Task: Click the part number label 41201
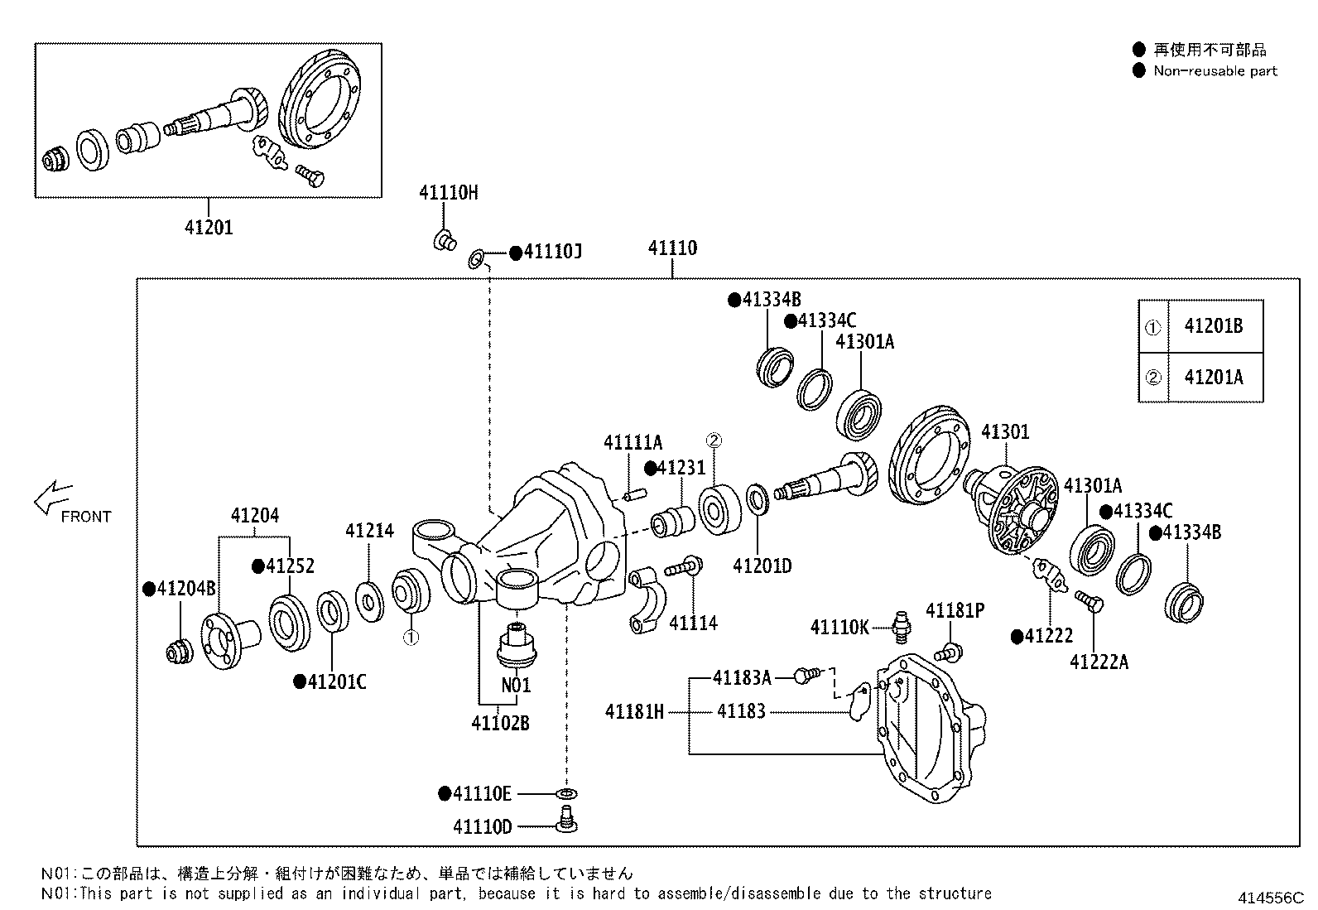(209, 227)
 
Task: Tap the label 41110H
(448, 193)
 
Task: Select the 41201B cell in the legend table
(1213, 326)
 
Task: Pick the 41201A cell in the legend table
(1213, 377)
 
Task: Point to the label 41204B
(185, 589)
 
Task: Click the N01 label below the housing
(516, 686)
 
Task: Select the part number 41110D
(483, 826)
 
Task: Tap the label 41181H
(634, 711)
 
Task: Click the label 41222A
(1099, 662)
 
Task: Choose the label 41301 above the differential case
(1005, 432)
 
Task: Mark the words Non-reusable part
(1215, 71)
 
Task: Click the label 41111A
(633, 443)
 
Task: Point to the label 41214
(369, 531)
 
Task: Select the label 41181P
(955, 611)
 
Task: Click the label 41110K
(839, 628)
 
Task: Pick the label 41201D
(762, 566)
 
